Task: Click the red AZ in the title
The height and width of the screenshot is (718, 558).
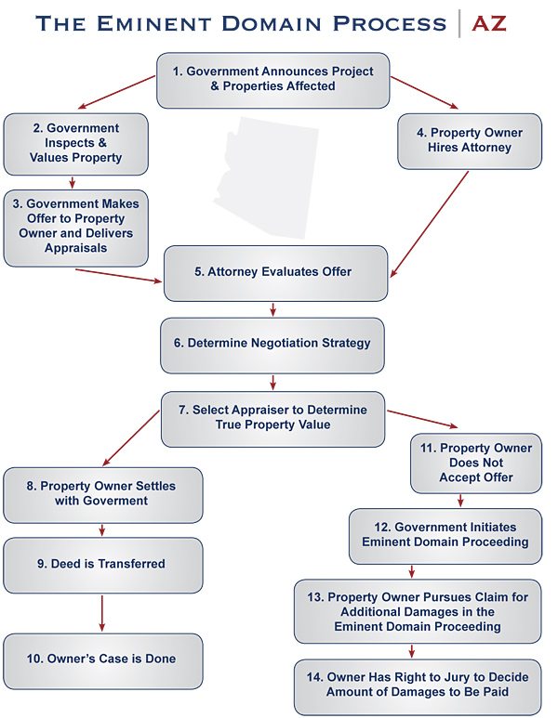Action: (489, 24)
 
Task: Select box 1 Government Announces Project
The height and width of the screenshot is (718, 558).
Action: (272, 80)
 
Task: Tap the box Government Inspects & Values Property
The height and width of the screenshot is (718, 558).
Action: (75, 144)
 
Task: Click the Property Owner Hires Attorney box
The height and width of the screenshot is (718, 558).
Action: (470, 141)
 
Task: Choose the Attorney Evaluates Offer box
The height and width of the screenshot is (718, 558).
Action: (275, 273)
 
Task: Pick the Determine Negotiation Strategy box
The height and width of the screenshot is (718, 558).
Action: (272, 346)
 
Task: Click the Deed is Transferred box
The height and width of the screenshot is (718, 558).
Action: (102, 565)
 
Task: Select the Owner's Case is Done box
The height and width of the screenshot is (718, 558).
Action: (102, 661)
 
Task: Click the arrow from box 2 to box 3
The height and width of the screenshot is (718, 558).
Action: (72, 182)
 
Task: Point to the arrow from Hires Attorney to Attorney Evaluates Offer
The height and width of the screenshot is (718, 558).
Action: (429, 224)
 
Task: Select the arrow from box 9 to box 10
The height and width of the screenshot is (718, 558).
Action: (101, 613)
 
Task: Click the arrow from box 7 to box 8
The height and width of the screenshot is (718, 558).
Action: (131, 438)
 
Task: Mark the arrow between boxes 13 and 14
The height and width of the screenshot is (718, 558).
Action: (412, 651)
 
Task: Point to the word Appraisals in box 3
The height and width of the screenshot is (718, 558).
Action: (75, 248)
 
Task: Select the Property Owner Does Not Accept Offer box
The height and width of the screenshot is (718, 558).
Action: (476, 463)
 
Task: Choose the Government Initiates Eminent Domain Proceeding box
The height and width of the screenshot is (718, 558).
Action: (445, 536)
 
